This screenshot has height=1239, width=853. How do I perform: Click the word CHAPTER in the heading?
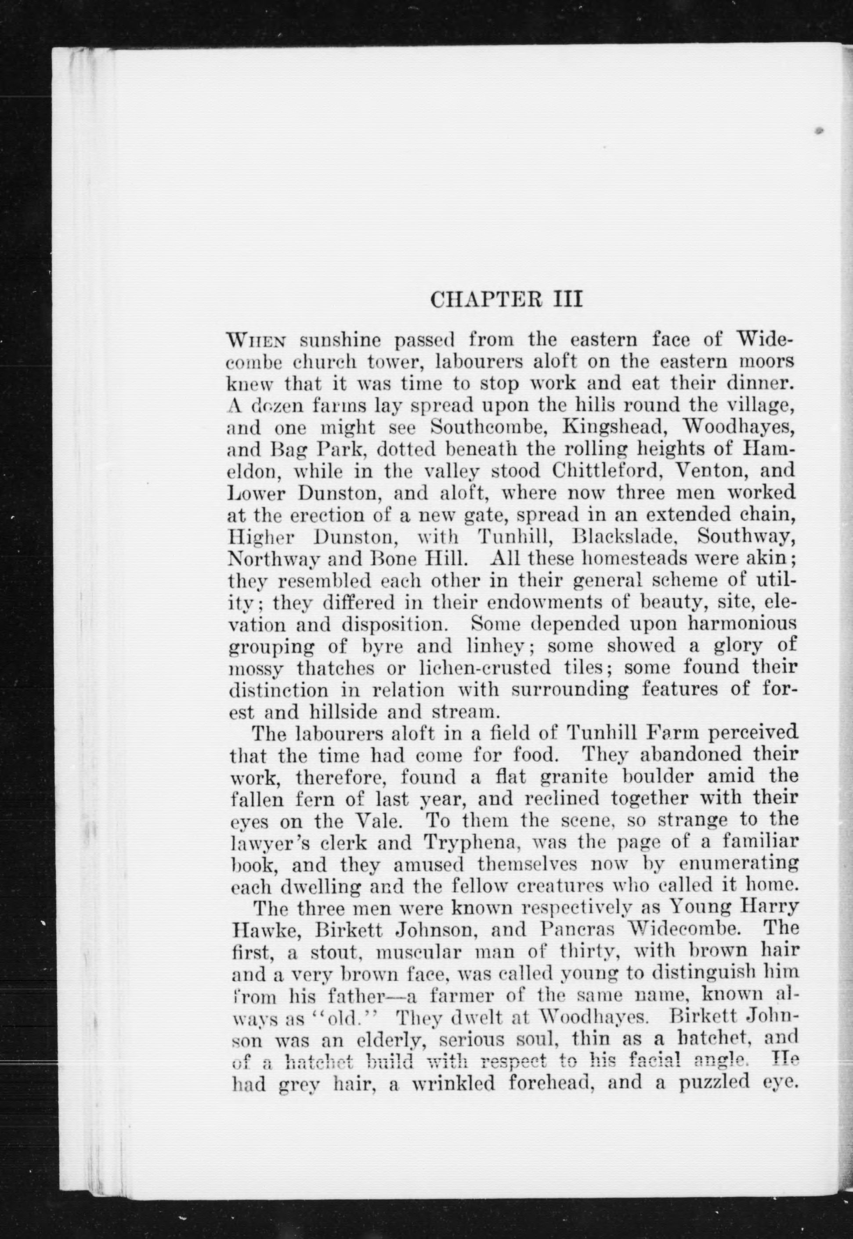point(488,299)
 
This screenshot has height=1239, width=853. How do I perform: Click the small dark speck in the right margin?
point(819,130)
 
